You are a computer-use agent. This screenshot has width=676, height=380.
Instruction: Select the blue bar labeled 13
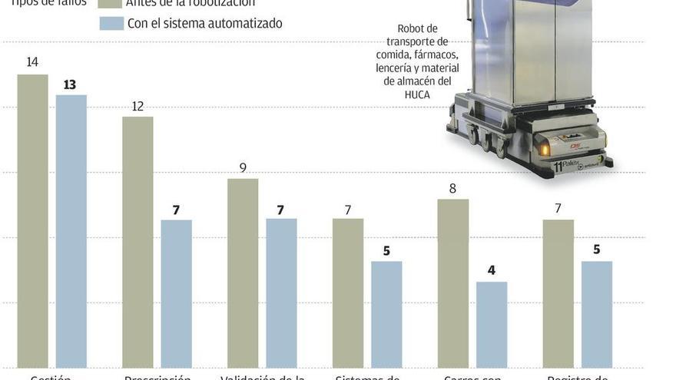(71, 231)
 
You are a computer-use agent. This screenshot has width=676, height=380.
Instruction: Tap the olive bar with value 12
(138, 242)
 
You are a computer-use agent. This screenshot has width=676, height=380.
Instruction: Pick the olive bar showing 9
(243, 273)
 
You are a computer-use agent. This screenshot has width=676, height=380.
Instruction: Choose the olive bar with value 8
(452, 283)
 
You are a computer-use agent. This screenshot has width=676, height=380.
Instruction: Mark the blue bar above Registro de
(596, 315)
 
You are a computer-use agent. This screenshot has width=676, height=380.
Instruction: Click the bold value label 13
(70, 84)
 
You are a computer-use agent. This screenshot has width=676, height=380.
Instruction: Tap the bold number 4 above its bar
(492, 271)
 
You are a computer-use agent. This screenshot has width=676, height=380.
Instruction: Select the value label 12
(138, 106)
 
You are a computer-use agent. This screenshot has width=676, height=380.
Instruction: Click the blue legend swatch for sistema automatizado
(111, 23)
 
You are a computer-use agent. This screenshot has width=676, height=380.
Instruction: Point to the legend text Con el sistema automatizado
(204, 23)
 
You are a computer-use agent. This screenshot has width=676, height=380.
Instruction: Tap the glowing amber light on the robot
(545, 149)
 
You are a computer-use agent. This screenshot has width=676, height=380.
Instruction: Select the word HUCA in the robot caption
(418, 94)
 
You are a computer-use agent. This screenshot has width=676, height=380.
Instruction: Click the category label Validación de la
(263, 376)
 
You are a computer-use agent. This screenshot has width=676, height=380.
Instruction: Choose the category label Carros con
(472, 376)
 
